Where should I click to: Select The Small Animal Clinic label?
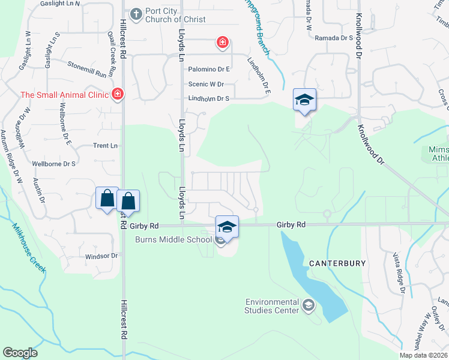coord(64,94)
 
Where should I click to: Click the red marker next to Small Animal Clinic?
coord(118,94)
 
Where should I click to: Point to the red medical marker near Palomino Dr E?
coord(223,42)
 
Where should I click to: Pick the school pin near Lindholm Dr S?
coord(304,99)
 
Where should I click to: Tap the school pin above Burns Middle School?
coord(227,226)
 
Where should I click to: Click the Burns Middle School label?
coord(173,240)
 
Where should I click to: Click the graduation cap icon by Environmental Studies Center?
coord(309,306)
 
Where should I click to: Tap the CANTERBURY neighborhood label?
coord(334,263)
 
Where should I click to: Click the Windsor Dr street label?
coord(101,256)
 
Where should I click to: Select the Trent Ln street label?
coord(105,146)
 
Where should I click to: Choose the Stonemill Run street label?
coord(86,69)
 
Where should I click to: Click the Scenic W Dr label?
coord(206,85)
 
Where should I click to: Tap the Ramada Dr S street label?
coord(334,38)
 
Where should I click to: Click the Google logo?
coord(20,353)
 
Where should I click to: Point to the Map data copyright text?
coord(423,355)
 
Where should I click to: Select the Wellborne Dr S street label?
coord(54,163)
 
